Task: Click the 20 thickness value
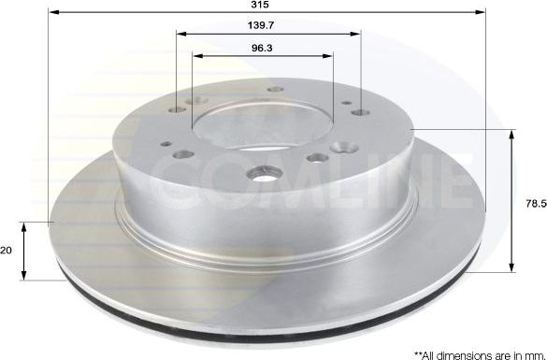[7, 251]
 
